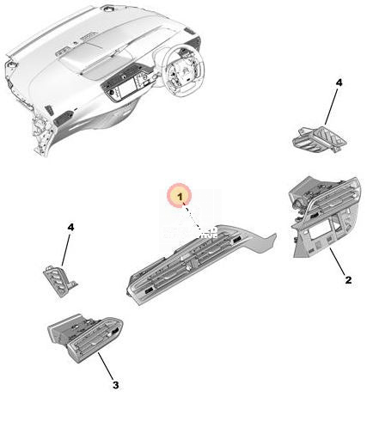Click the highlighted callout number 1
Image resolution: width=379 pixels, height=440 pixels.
[x=180, y=197]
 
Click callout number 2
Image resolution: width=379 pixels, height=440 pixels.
[x=348, y=279]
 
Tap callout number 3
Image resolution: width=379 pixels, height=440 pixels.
[x=115, y=385]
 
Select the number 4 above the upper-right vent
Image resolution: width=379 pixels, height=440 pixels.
[x=339, y=82]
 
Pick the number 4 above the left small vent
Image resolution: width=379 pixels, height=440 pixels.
[x=70, y=227]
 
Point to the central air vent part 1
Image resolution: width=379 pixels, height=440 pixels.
[x=200, y=264]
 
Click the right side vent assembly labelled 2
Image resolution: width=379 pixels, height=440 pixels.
[x=325, y=217]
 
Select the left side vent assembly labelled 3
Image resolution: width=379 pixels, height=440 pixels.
[x=85, y=338]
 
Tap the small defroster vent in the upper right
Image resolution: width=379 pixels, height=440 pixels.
[x=320, y=139]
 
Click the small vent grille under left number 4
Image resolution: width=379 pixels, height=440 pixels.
[x=59, y=281]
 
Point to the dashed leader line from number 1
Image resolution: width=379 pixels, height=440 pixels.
[x=193, y=217]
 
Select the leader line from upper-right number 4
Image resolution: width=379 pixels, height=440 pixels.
[x=332, y=107]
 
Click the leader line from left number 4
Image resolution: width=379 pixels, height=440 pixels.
[x=65, y=248]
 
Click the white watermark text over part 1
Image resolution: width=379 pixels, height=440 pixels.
[x=191, y=233]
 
